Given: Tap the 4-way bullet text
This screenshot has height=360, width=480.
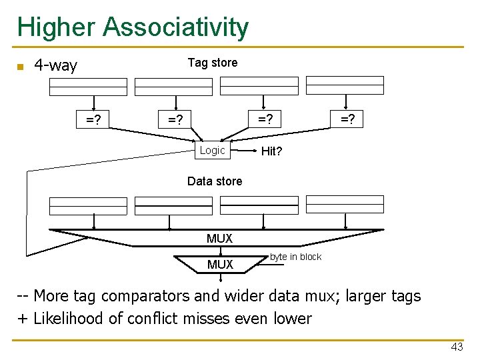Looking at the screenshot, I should click(55, 65).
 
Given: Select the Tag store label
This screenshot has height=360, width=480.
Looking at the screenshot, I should click(212, 63).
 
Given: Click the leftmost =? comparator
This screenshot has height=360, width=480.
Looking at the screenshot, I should click(93, 120).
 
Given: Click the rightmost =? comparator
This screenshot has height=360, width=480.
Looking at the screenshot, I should click(347, 119).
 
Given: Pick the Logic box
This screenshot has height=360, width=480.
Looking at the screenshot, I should click(213, 151).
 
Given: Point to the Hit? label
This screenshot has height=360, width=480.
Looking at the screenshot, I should click(271, 151).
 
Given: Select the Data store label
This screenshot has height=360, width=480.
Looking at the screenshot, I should click(215, 181).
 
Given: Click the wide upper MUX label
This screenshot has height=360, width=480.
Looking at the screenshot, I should click(219, 239).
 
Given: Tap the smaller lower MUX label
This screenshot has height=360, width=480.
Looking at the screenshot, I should click(220, 265).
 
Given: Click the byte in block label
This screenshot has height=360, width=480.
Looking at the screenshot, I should click(295, 257).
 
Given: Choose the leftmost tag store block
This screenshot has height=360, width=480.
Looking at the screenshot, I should click(88, 87).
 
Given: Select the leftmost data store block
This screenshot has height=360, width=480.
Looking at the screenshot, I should click(88, 205).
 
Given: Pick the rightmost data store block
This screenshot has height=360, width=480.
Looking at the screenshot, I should click(345, 204).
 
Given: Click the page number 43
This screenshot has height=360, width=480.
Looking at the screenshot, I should click(457, 347).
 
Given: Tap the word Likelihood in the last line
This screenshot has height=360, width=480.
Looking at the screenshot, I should click(69, 318).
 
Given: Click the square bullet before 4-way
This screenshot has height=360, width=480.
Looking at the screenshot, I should click(20, 67).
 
